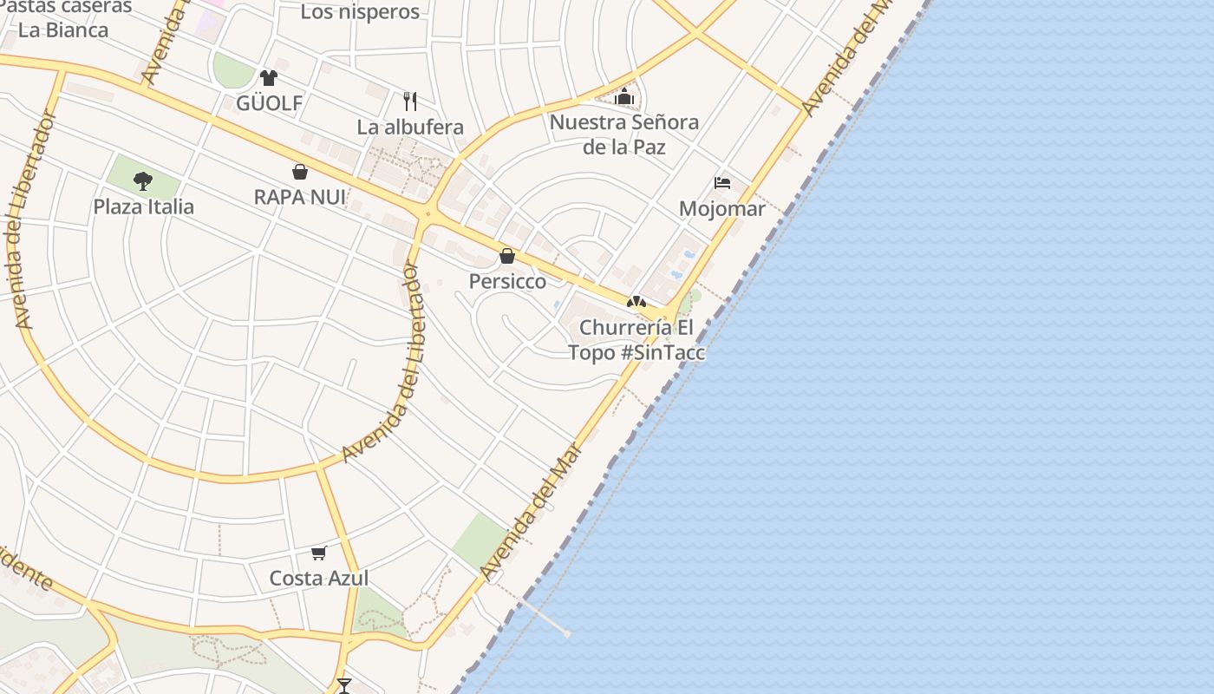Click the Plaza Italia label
coord(144,207)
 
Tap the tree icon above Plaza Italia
coord(143,181)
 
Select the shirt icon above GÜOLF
coord(269,78)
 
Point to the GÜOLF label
coord(270,104)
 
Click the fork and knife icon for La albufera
coord(410,101)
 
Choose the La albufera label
coord(410,128)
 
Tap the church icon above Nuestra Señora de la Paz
coord(623,97)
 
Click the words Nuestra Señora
coord(624,122)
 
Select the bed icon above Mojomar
coord(722,183)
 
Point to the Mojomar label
coord(722,209)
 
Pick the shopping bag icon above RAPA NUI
coord(300,172)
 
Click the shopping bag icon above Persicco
coord(507,256)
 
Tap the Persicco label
coord(507,282)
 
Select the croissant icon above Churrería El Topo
coord(636,302)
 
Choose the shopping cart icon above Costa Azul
coord(319,553)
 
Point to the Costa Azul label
coord(319,579)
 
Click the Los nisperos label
coord(360,12)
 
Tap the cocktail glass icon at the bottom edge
coord(344,686)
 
